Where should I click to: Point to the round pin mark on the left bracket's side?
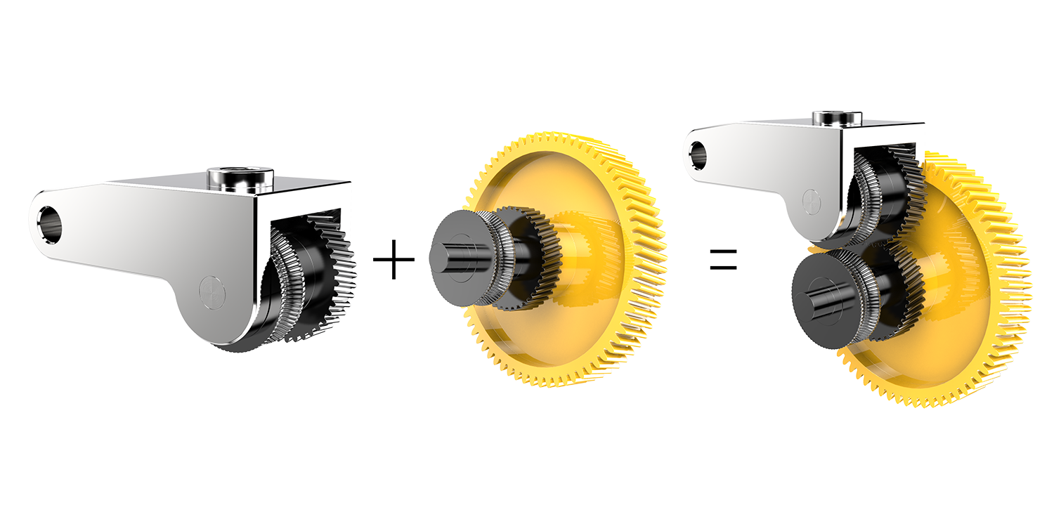pyautogui.click(x=210, y=294)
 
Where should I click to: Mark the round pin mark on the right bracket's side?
pyautogui.click(x=811, y=202)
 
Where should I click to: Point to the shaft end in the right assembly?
pyautogui.click(x=821, y=295)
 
